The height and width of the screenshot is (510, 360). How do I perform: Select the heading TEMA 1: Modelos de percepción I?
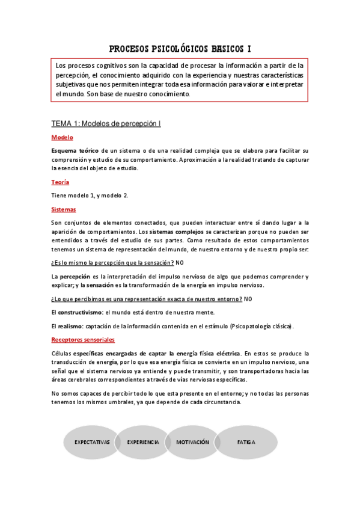point(106,123)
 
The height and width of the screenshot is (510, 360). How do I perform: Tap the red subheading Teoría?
point(60,182)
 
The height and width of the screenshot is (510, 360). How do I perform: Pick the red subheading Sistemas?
point(64,209)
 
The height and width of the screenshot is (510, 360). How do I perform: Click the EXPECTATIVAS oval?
point(92,442)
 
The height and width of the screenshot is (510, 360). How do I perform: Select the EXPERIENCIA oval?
point(143,442)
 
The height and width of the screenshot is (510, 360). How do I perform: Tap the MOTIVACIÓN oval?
point(193,442)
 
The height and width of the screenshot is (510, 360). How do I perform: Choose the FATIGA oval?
point(246,442)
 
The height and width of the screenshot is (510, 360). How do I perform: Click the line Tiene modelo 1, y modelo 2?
point(90,195)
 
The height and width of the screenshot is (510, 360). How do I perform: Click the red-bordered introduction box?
point(180,79)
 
